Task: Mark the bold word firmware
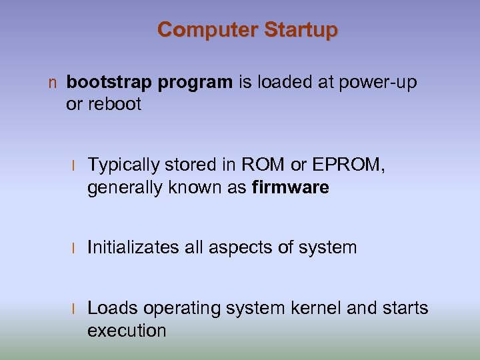pyautogui.click(x=291, y=188)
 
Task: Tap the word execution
pyautogui.click(x=127, y=331)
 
